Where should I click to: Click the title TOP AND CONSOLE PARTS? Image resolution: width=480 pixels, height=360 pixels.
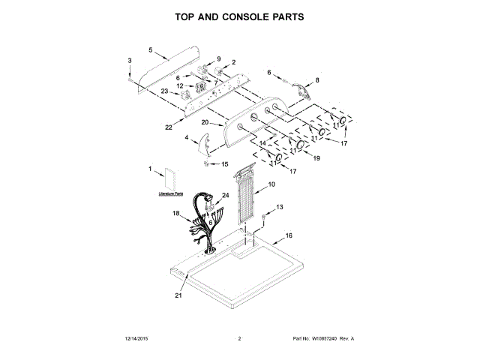239,16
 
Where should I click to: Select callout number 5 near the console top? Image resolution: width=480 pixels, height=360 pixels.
150,51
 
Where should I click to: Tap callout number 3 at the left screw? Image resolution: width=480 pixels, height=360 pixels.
129,60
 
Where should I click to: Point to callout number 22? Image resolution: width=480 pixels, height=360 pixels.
169,127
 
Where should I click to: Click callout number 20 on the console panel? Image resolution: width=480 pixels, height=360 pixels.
205,121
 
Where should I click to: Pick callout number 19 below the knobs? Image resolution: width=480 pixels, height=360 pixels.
316,158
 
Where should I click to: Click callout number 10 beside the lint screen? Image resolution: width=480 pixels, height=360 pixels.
271,184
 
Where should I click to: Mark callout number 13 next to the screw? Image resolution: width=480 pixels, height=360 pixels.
280,206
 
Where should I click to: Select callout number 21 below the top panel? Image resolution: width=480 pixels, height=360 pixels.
178,295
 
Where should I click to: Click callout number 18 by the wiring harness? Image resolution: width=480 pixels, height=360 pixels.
176,214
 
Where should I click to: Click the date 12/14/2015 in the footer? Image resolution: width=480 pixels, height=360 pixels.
133,339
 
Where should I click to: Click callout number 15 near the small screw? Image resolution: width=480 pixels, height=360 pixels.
223,163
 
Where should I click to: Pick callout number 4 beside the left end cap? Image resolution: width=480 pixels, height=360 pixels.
186,137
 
